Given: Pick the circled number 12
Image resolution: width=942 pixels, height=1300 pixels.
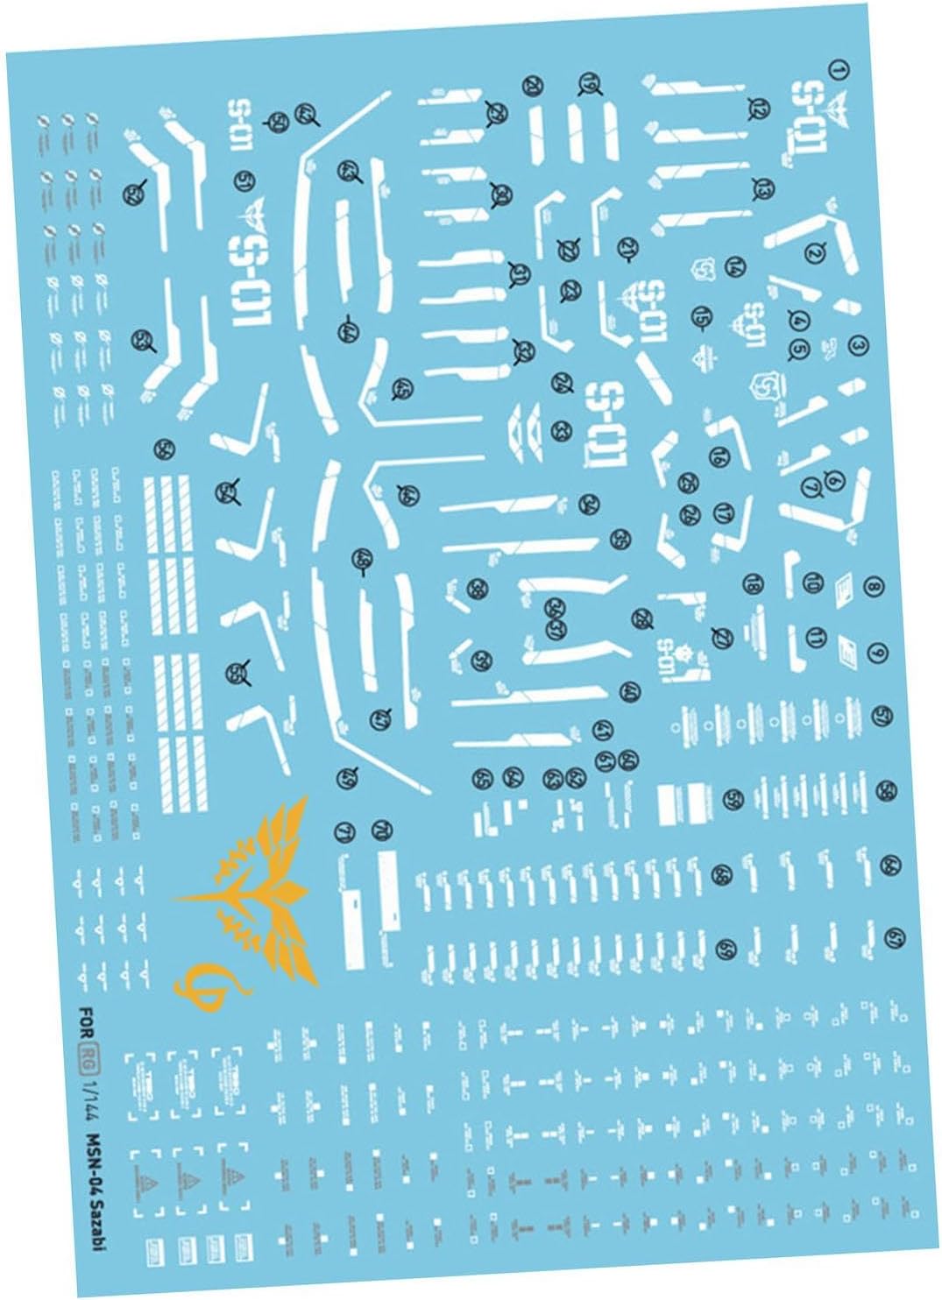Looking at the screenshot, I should [x=755, y=106].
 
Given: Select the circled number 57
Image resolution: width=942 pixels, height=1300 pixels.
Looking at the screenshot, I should [x=880, y=717].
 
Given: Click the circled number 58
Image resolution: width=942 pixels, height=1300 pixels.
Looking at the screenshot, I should [x=887, y=789].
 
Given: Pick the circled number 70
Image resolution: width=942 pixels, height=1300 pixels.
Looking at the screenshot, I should [x=381, y=829].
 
